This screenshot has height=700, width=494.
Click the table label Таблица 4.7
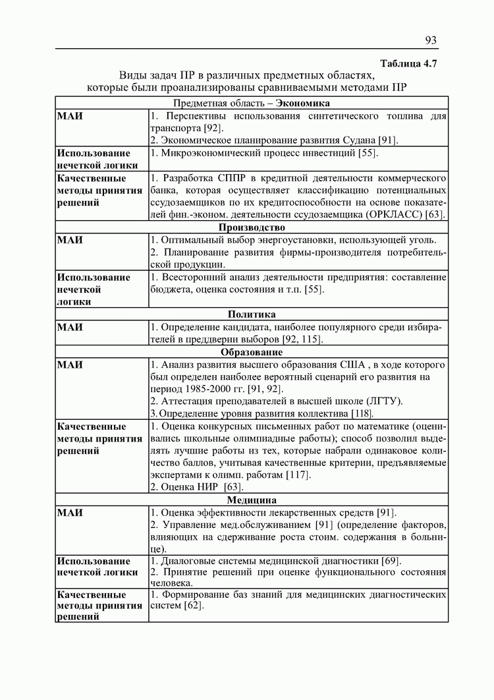(409, 63)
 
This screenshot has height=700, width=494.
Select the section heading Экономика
(303, 103)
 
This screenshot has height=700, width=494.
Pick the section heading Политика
(252, 314)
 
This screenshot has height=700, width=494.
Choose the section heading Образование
(252, 352)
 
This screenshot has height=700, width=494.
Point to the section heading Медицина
(252, 500)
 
